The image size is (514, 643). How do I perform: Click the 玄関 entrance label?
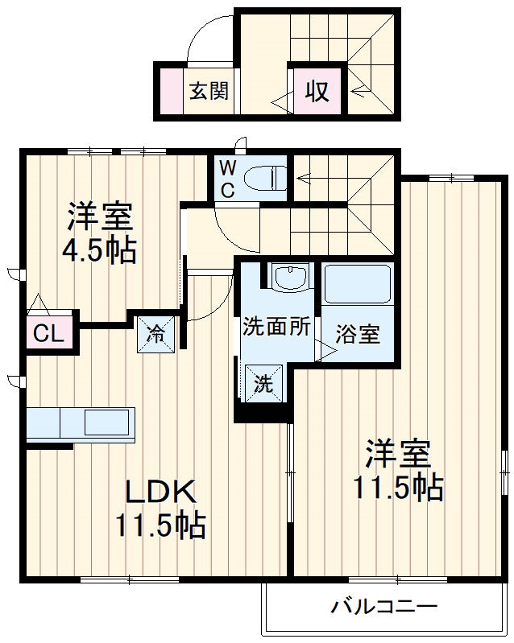coord(209,91)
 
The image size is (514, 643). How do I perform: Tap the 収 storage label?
coord(317,91)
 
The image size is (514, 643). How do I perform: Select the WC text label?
coord(227,179)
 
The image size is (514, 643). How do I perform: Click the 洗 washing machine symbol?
coord(264,384)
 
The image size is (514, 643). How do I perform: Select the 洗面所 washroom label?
coord(276,328)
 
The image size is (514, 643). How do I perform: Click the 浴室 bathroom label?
coord(358,334)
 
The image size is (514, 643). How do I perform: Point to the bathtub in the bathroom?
coord(357,284)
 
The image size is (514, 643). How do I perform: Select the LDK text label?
coord(159,491)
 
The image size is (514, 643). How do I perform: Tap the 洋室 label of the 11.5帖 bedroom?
coord(397,454)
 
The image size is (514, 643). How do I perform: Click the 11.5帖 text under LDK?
coord(159,526)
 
